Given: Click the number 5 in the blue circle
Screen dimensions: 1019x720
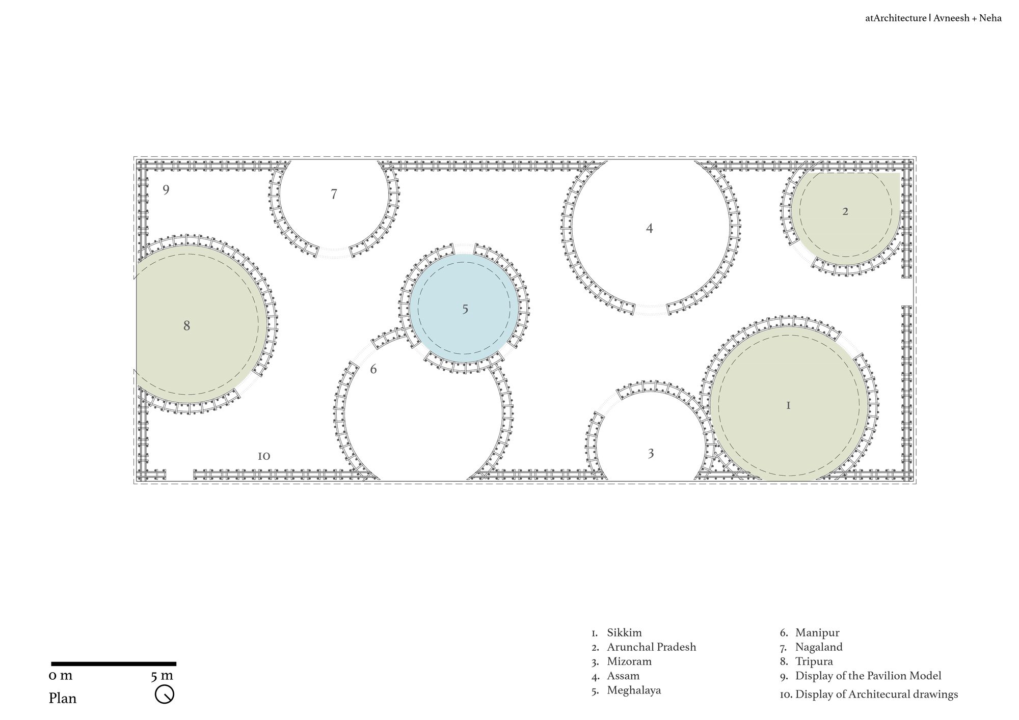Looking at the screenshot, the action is pos(465,310).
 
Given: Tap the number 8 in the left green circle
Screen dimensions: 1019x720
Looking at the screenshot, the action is pos(187,326).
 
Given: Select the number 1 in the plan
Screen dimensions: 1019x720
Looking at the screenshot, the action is pos(788,406).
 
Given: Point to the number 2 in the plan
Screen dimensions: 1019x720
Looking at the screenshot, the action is pos(845,211).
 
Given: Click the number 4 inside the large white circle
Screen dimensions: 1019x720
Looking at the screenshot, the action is pos(649,229).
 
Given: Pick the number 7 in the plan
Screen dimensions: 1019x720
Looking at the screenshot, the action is pos(334,194).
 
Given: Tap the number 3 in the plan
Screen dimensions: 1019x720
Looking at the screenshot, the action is pos(651,454).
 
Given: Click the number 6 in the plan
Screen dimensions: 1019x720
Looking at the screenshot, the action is pos(373,369).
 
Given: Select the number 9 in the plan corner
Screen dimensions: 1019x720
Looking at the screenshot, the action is pos(166,190).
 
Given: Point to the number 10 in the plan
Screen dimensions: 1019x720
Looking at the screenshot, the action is pos(264,456).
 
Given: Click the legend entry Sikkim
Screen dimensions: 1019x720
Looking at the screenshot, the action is pos(624,633).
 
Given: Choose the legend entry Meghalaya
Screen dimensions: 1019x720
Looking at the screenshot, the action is pos(634,690).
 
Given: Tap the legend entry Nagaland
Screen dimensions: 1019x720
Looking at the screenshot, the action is pos(819,647).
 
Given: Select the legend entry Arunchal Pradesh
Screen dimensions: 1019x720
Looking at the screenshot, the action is pos(651,647).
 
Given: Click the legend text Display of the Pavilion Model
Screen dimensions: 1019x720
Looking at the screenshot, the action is pos(868,676).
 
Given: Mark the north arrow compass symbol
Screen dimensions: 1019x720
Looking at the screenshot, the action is pos(165,695).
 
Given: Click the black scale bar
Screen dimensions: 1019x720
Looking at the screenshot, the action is pos(114,664).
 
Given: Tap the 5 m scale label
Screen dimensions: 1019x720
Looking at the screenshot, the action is pos(162,676).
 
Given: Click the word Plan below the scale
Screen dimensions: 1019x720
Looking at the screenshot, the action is pos(63,698).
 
